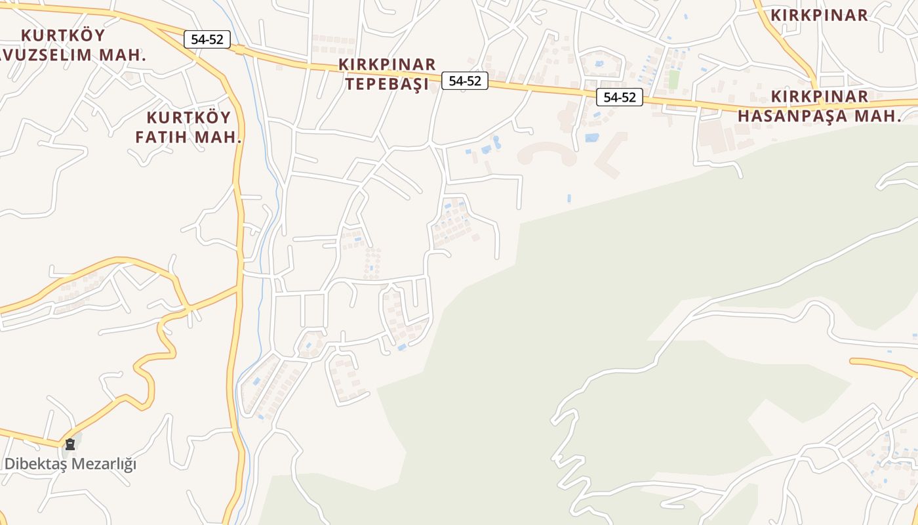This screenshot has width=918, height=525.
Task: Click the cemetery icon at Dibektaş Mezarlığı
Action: click(70, 444)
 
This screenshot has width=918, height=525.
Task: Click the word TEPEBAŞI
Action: click(387, 84)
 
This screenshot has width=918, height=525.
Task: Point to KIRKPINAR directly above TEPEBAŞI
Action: click(387, 64)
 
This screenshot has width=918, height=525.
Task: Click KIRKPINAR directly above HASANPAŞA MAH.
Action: click(820, 96)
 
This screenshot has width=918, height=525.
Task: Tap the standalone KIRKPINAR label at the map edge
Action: click(820, 15)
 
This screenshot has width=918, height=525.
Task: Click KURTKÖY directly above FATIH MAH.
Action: click(189, 118)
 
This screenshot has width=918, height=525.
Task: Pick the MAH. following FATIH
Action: click(220, 138)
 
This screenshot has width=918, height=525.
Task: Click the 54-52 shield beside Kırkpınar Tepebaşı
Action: click(465, 81)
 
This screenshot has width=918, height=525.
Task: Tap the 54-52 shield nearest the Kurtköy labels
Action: click(207, 39)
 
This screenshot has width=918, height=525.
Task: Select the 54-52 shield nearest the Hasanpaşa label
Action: click(620, 97)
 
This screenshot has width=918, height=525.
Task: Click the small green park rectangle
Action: click(673, 79)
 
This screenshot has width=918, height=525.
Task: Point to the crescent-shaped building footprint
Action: click(548, 154)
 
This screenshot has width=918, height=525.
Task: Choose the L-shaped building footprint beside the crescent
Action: click(610, 154)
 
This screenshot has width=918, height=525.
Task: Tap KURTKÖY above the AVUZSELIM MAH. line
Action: click(63, 35)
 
